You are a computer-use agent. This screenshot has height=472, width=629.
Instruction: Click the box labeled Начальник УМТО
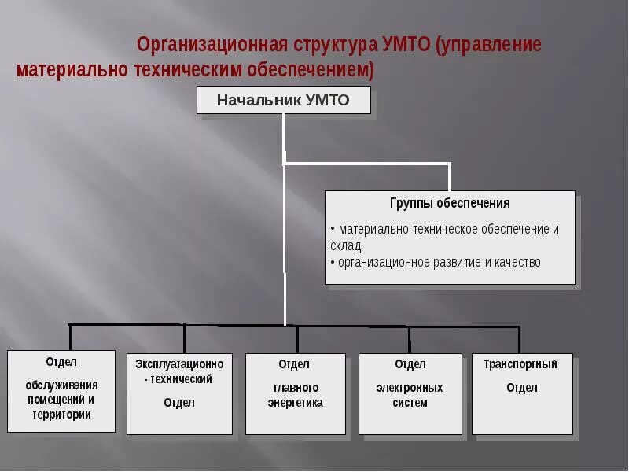283,101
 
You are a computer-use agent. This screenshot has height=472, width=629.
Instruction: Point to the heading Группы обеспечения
450,203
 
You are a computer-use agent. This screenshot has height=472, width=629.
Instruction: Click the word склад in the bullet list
346,245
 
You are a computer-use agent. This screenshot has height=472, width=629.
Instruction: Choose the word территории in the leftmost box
62,415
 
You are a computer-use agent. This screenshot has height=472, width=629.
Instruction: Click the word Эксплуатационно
179,364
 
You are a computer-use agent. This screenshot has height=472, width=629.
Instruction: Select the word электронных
410,388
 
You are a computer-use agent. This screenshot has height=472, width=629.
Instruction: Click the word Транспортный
520,364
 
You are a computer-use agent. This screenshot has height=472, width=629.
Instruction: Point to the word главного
296,388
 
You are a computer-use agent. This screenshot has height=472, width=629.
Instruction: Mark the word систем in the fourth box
410,403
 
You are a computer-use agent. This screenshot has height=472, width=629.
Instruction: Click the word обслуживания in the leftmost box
62,385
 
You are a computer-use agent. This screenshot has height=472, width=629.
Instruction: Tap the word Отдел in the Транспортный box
522,388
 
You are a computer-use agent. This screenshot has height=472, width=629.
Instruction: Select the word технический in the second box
182,379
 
